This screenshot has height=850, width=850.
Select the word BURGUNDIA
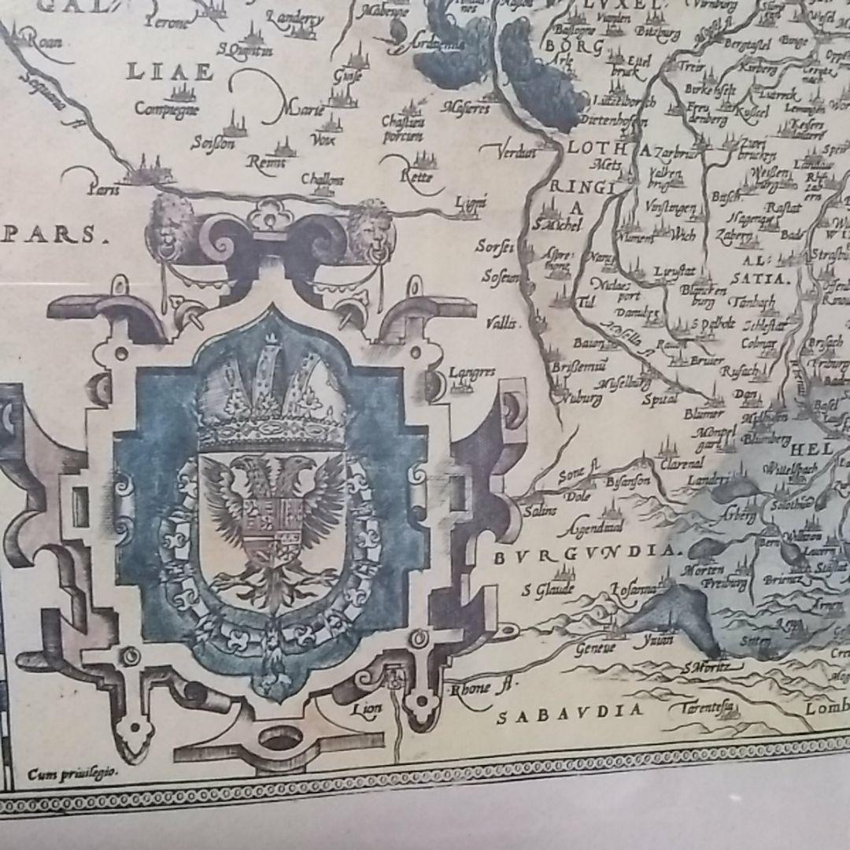coord(587,553)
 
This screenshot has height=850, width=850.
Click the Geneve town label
coord(595,648)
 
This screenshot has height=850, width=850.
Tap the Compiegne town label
coord(164,109)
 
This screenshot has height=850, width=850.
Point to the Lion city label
coord(368,708)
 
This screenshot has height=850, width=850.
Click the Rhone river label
coord(477,689)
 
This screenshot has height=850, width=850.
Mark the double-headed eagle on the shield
coord(272,519)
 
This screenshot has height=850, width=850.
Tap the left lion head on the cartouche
coord(176,224)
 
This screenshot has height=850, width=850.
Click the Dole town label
coord(578,497)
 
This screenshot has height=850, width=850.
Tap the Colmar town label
coord(759,342)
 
